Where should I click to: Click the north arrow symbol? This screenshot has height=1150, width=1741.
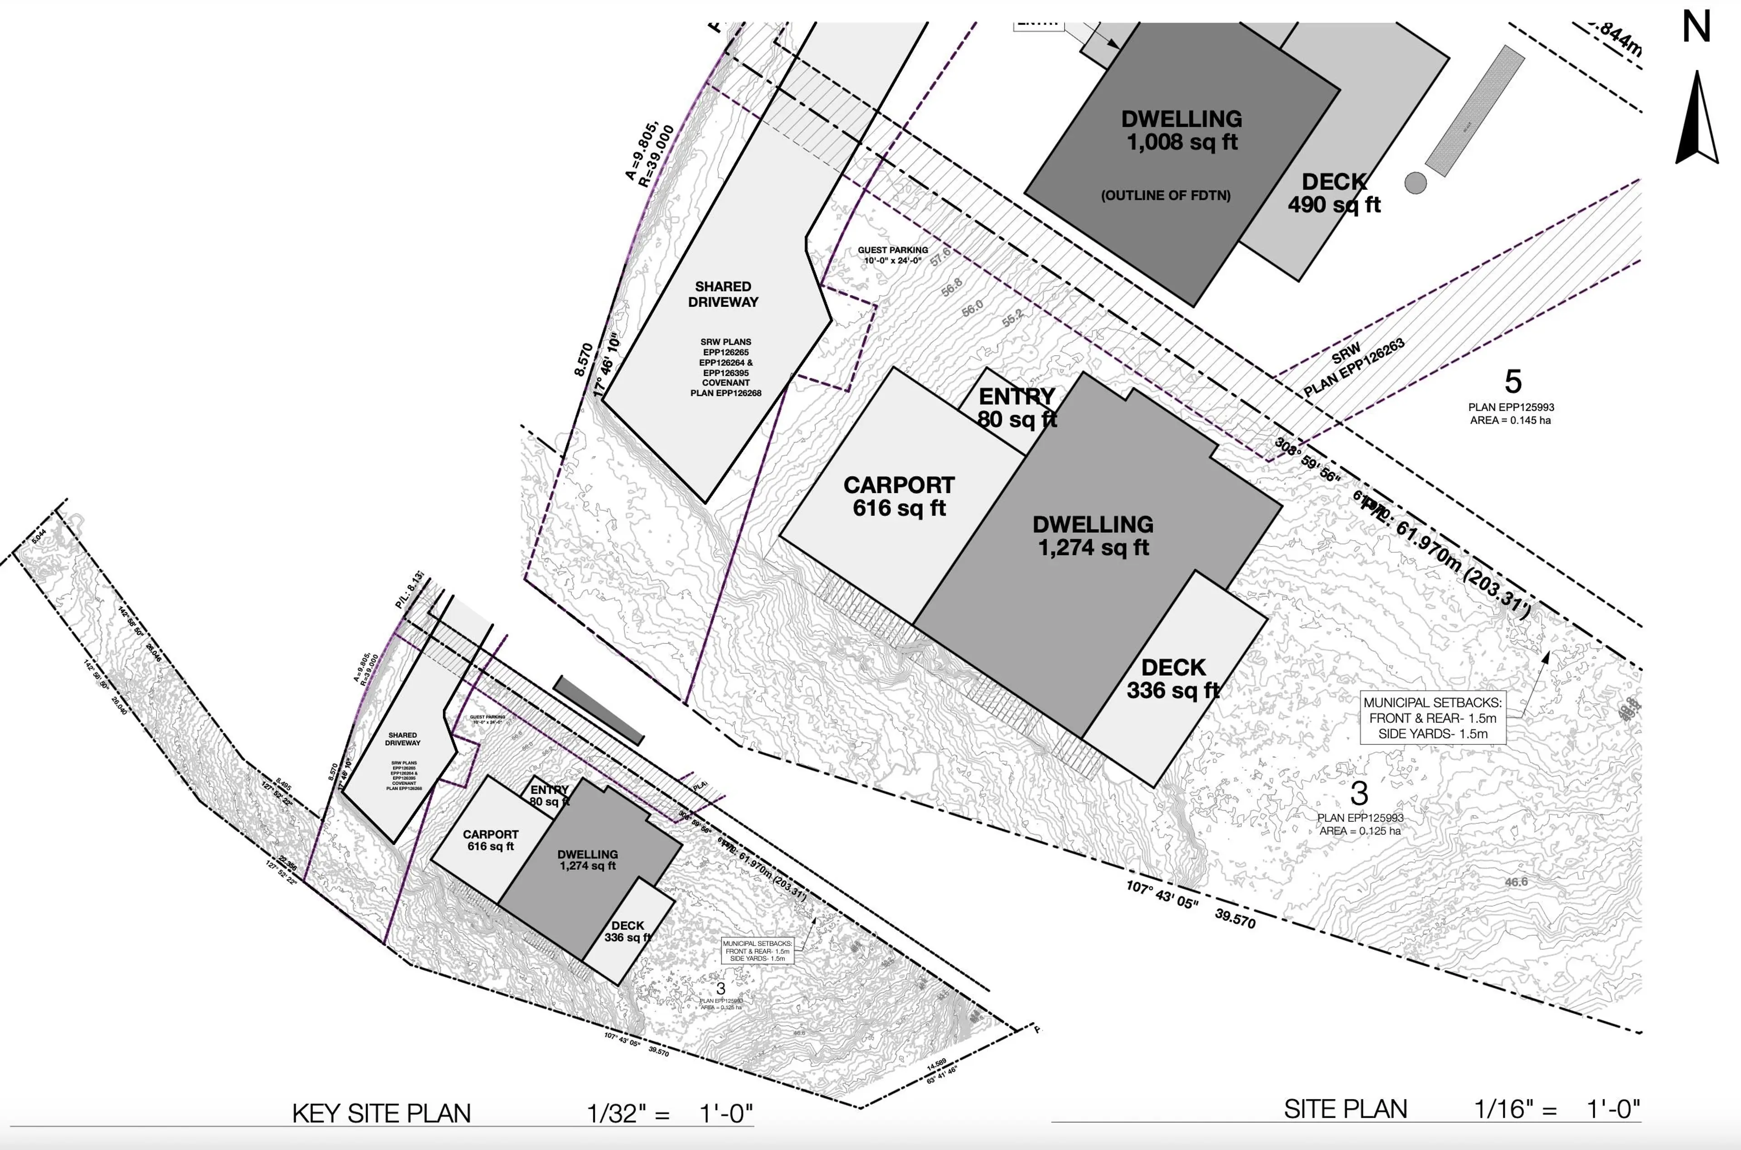point(1697,121)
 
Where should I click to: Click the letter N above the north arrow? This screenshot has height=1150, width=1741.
point(1696,28)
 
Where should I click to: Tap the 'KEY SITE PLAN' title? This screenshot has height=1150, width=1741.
point(381,1113)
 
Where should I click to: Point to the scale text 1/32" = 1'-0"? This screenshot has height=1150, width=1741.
point(669,1113)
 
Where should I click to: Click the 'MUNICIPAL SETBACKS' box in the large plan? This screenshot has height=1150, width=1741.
point(1432,718)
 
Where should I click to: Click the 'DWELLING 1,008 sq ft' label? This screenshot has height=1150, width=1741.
point(1181,130)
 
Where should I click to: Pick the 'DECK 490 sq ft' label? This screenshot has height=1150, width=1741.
point(1334,193)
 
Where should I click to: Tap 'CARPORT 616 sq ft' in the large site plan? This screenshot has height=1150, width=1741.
point(899,497)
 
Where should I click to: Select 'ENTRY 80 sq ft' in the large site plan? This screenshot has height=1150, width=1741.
point(1017,408)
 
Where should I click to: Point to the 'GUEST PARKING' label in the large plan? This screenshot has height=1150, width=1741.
point(892,255)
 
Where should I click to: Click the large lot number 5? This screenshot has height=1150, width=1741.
point(1513,382)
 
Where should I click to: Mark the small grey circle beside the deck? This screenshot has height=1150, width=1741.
point(1415,183)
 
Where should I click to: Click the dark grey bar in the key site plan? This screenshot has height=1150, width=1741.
point(598,710)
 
